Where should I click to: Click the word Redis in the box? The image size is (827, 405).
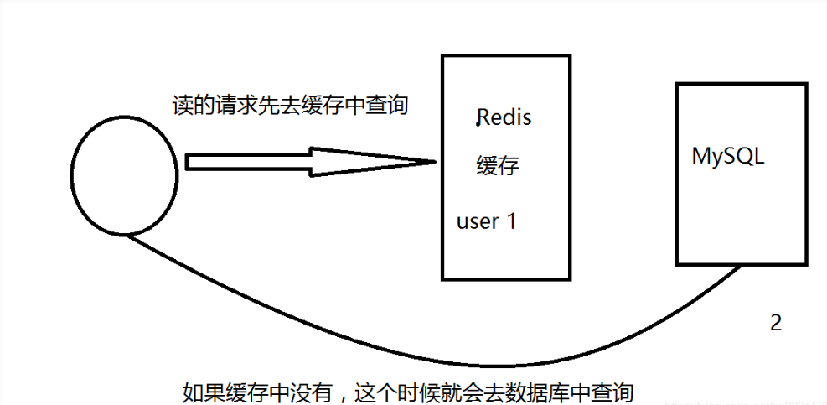[504, 117]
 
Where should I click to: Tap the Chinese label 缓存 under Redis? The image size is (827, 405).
[498, 165]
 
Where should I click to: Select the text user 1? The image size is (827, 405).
[487, 221]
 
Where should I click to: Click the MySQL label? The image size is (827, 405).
[728, 156]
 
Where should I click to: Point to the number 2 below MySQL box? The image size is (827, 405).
[776, 323]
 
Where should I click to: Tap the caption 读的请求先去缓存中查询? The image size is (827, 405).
[288, 105]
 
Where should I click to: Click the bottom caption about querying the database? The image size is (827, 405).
[407, 391]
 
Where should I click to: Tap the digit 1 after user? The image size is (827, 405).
[512, 221]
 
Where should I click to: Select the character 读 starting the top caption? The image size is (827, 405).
[180, 105]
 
